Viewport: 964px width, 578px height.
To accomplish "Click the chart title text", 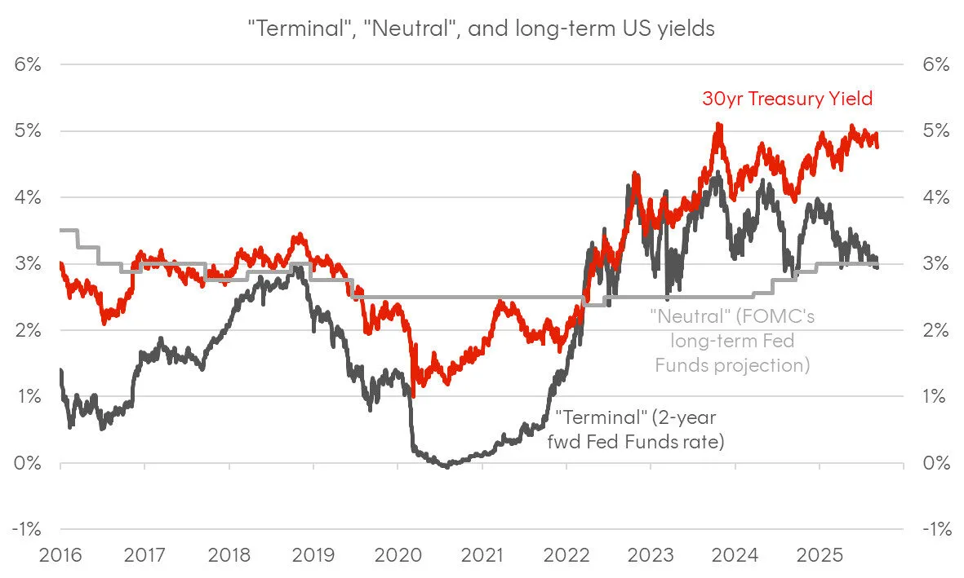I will [x=482, y=28].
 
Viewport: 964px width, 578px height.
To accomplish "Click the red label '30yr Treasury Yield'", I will [x=787, y=99].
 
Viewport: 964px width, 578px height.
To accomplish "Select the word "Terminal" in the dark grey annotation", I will [x=589, y=418].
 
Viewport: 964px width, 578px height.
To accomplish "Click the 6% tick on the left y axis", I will [x=28, y=64].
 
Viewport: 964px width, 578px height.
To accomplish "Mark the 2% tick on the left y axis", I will [x=28, y=330].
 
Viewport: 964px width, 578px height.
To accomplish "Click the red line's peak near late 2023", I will [x=717, y=124].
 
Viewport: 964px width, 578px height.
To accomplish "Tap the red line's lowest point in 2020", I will [x=413, y=396].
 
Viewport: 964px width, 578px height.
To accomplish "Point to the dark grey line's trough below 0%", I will [x=446, y=466].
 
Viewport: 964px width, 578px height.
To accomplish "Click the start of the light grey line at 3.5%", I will [x=62, y=231].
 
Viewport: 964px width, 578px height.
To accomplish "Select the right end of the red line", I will [x=877, y=146].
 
